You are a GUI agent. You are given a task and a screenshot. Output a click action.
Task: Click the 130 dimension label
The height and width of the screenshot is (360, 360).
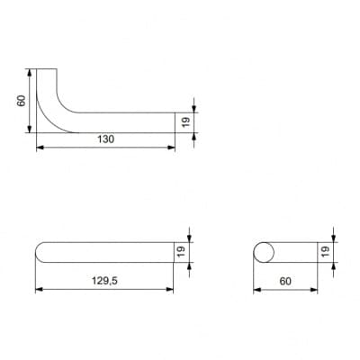point(106,139)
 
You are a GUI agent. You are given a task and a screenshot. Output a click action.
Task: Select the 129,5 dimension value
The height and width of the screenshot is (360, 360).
point(104,281)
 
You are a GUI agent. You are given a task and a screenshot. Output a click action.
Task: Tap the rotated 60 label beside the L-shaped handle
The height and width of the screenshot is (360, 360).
point(21,101)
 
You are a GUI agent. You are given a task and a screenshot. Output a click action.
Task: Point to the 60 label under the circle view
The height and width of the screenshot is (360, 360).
point(285,282)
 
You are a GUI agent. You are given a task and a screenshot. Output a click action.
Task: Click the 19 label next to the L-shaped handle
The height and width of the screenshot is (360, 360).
point(186,122)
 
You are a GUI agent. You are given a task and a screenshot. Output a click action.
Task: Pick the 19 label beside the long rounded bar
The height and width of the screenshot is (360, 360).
point(182,252)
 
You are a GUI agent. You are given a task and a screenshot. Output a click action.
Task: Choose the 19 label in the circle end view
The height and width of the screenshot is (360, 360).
point(325,252)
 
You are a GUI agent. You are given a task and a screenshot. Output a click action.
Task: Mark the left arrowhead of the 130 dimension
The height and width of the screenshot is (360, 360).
point(40,148)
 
